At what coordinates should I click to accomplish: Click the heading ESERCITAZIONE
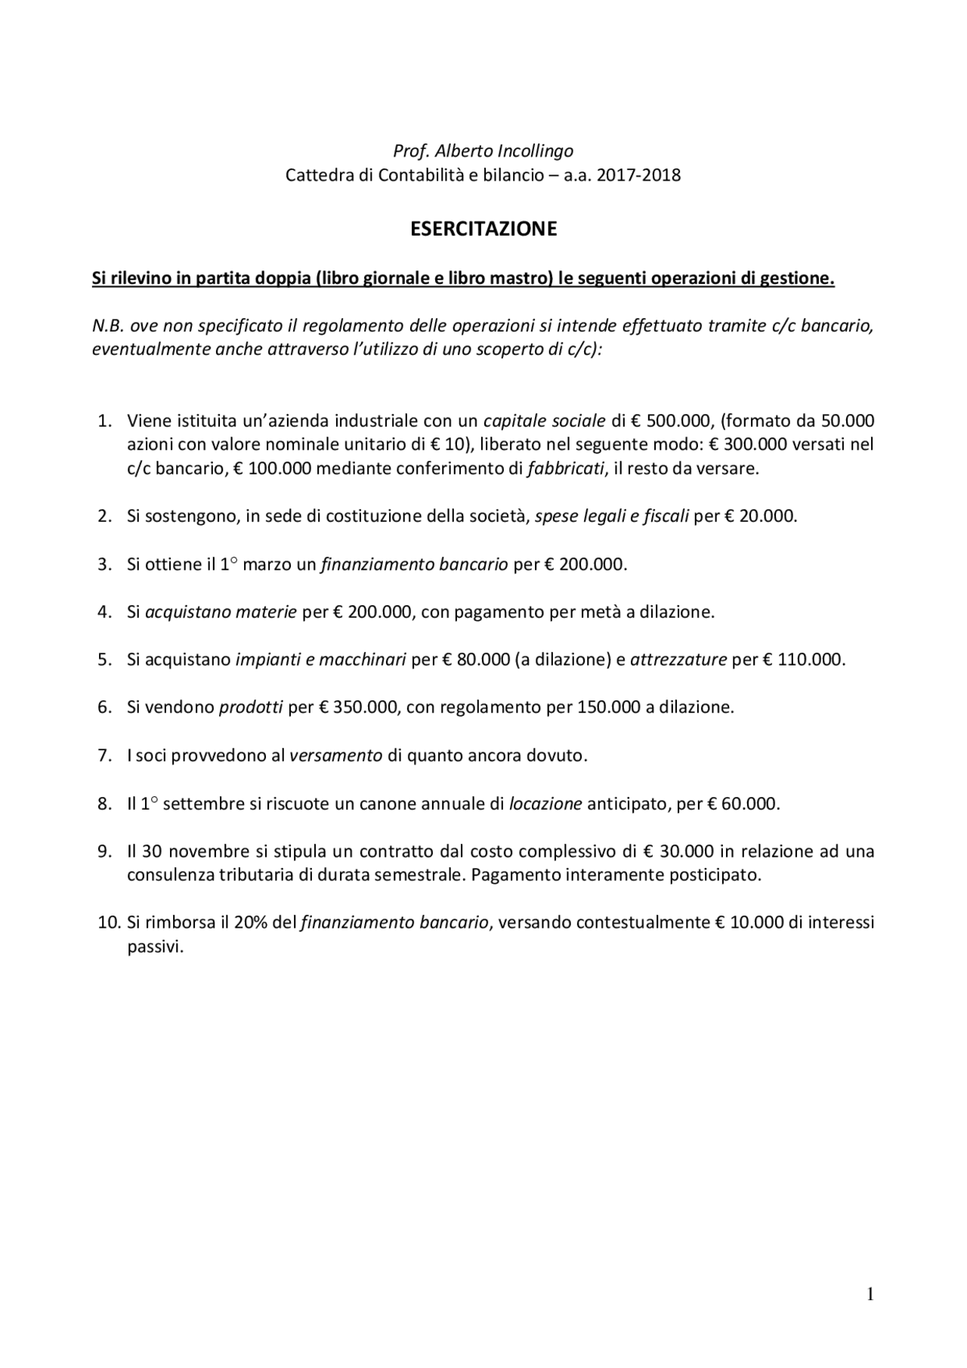coord(483,229)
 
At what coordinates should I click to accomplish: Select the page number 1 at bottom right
coord(870,1295)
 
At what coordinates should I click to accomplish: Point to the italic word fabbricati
coord(566,468)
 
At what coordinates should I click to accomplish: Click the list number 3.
coord(105,564)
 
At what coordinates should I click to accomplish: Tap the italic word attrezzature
coord(678,659)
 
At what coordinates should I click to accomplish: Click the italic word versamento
coord(336,755)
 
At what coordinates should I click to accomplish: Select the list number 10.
coord(109,922)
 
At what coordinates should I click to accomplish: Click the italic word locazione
coord(545,803)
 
